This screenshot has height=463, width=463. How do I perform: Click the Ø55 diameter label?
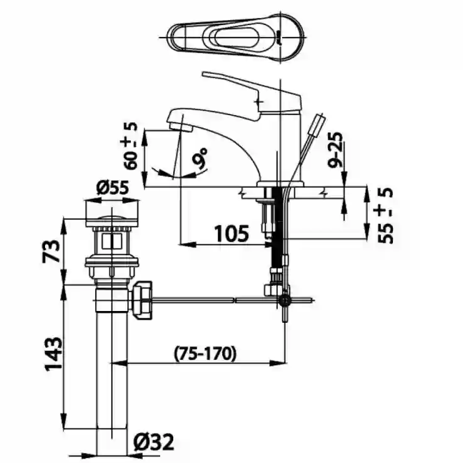point(113,188)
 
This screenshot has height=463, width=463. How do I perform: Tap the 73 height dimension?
point(52,251)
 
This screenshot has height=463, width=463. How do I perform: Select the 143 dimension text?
point(53,354)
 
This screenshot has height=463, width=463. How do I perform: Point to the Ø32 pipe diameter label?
point(153,442)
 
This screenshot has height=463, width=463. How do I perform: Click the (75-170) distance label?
point(205,353)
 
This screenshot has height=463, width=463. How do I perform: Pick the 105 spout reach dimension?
point(232,233)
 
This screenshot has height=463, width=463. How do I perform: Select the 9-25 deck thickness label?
point(335,150)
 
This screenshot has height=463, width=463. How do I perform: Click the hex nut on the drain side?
point(141,300)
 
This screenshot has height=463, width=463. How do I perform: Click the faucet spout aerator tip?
point(180,127)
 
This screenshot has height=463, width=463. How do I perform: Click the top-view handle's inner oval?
point(237,38)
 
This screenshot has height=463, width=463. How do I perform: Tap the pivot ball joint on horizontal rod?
point(285,300)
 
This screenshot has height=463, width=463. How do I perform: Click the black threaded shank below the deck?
point(278,227)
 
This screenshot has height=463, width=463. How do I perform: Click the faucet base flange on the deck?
point(280,184)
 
